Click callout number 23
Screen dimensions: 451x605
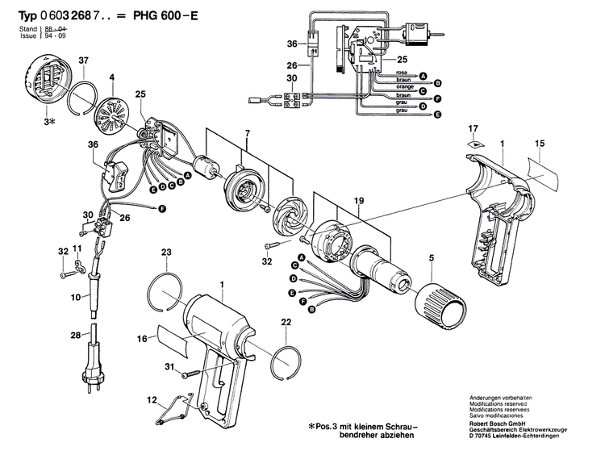pyautogui.click(x=167, y=253)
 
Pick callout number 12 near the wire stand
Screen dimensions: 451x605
pyautogui.click(x=151, y=401)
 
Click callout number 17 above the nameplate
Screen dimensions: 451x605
pyautogui.click(x=474, y=127)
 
